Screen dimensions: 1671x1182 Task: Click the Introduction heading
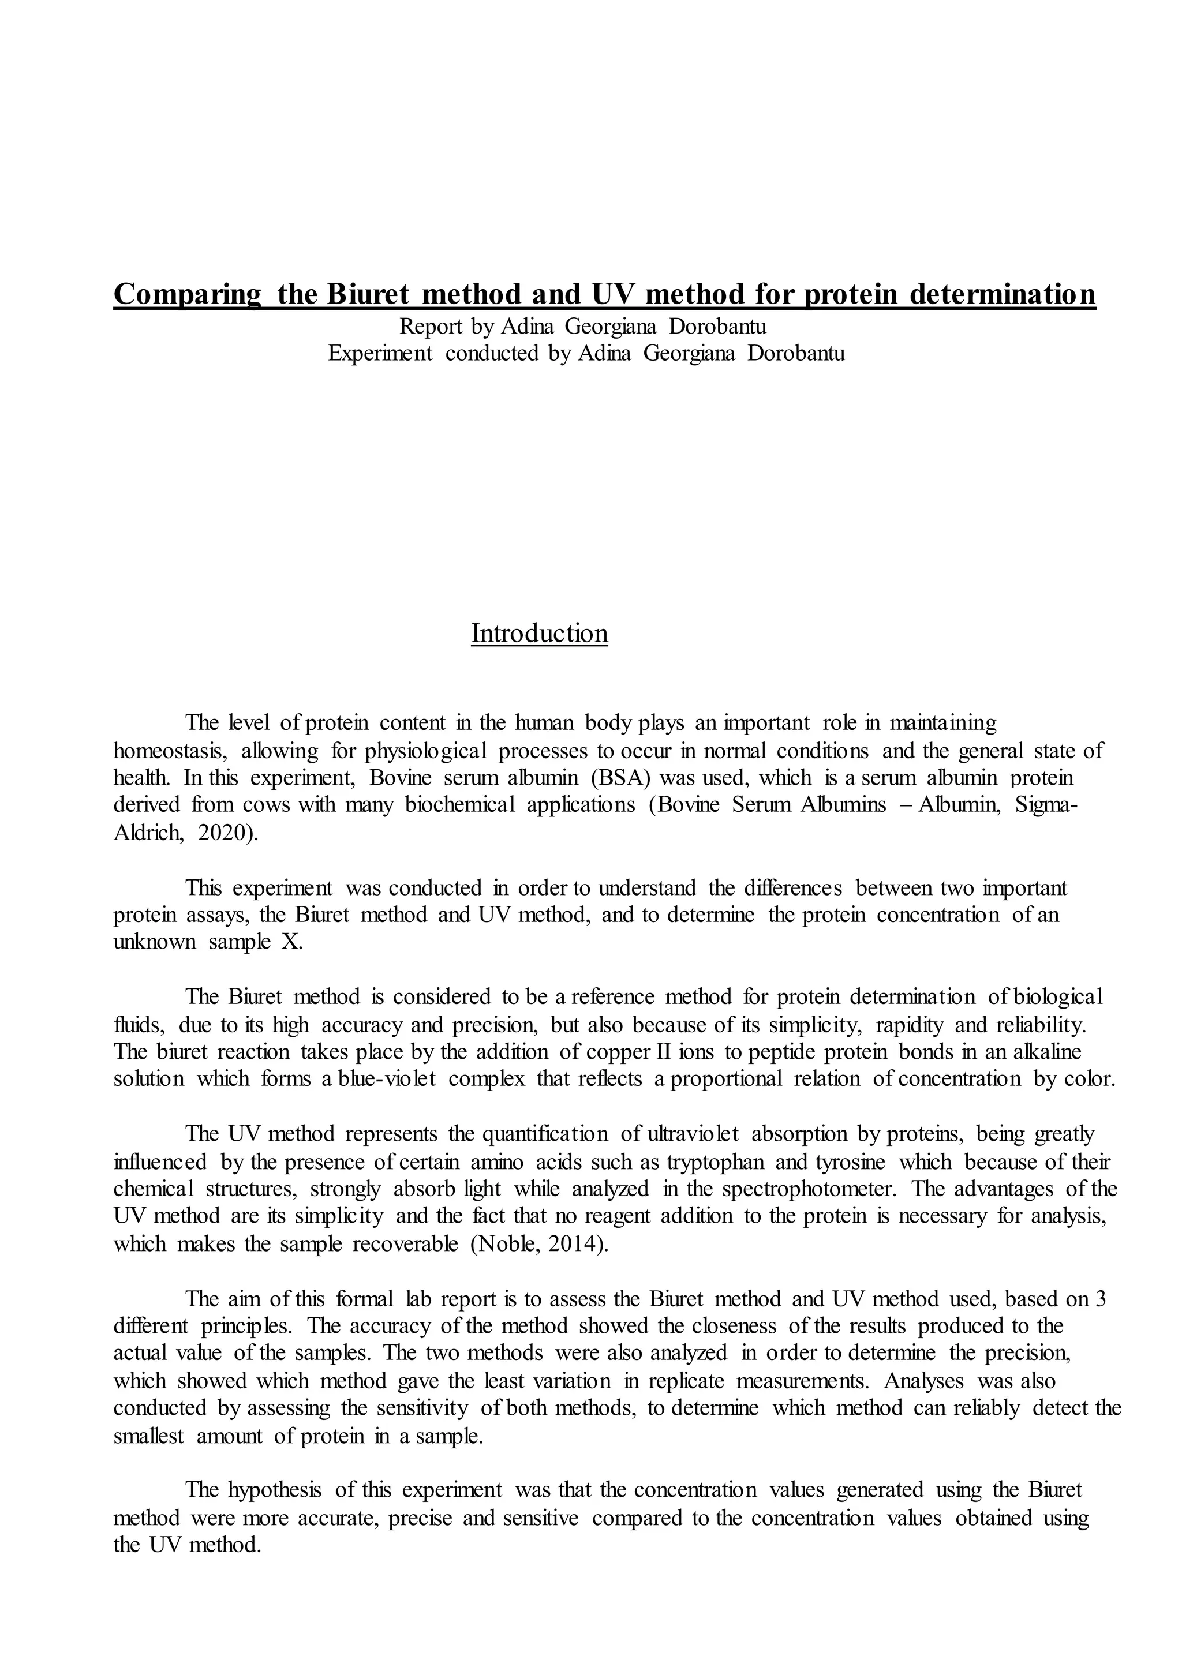539,633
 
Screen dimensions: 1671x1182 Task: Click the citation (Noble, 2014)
538,1244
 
